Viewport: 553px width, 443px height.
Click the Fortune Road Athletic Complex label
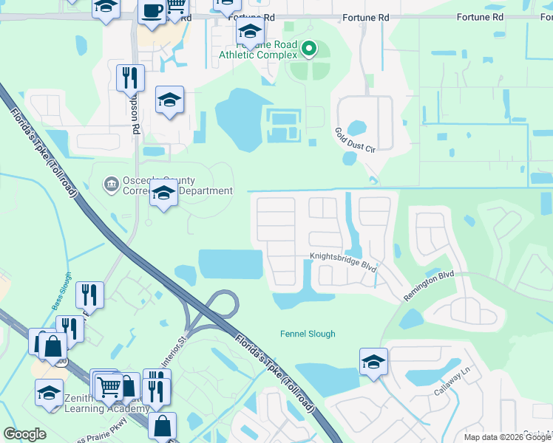(x=258, y=49)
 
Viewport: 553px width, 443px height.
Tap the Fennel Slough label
(x=308, y=334)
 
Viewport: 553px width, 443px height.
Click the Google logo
(x=24, y=434)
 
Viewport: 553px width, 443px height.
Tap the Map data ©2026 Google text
(x=507, y=437)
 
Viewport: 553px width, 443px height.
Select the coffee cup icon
(x=152, y=13)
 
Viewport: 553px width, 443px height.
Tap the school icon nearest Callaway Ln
(x=373, y=363)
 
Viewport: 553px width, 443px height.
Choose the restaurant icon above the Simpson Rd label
(x=130, y=76)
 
